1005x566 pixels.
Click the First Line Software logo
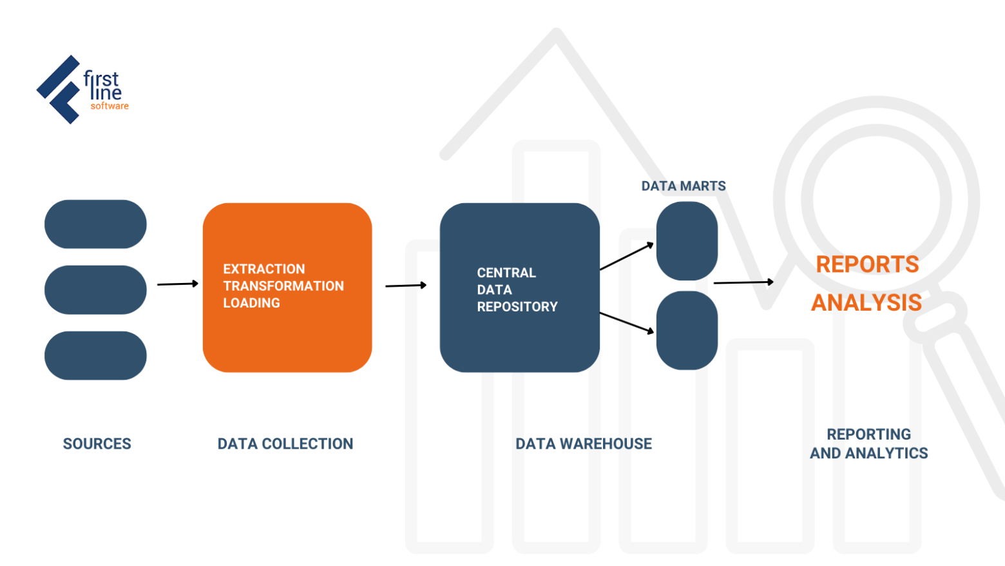point(82,90)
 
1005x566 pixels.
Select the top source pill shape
point(95,224)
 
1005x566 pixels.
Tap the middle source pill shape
point(95,290)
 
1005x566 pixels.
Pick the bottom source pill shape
point(95,356)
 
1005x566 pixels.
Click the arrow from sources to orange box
point(178,284)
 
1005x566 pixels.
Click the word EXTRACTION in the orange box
point(264,269)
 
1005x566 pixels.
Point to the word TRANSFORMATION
point(283,286)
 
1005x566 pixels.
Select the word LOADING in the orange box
point(251,303)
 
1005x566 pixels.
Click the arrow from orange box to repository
point(406,285)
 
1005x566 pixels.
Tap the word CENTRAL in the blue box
point(506,273)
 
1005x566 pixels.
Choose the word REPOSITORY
point(517,307)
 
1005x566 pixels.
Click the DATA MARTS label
point(684,186)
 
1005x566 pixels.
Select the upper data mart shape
point(687,241)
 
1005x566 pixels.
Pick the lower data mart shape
point(687,330)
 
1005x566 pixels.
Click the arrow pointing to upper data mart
point(627,256)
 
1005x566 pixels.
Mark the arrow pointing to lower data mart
point(627,322)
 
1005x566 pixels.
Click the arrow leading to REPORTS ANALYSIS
point(743,282)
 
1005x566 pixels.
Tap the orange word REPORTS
point(867,264)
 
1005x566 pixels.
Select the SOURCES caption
point(97,444)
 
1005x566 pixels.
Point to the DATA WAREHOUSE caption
point(584,444)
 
